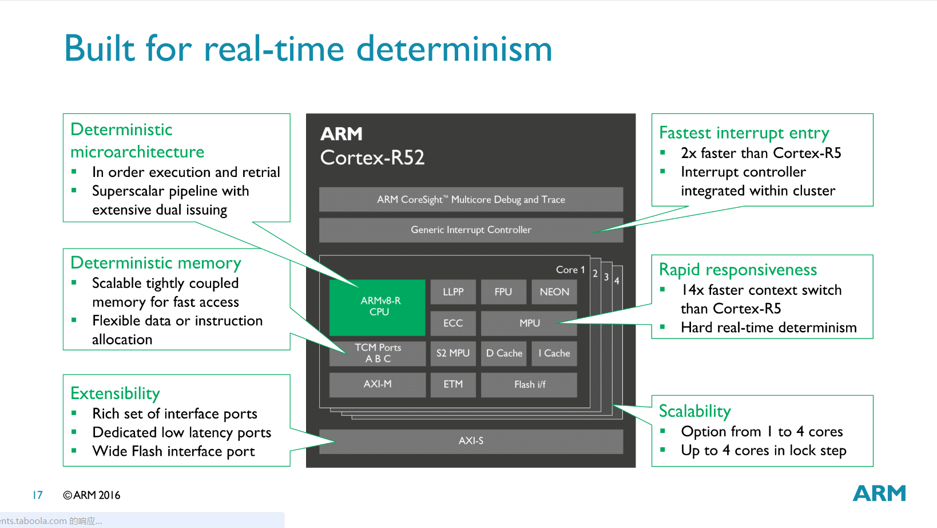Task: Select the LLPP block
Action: [453, 291]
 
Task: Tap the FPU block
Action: [503, 291]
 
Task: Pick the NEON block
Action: [554, 291]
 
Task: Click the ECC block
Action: [453, 323]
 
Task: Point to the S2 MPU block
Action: [453, 353]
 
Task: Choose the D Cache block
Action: [504, 353]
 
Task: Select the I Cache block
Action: [554, 353]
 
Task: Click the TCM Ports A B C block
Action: [378, 353]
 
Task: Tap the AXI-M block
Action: [378, 384]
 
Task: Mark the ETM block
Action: [453, 384]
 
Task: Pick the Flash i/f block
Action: [529, 384]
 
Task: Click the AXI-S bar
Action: [471, 441]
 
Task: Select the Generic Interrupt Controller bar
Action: [471, 230]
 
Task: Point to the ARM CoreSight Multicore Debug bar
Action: [471, 199]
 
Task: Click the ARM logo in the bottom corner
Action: [879, 493]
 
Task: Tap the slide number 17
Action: [38, 495]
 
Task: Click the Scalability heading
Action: [694, 411]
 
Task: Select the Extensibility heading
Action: [115, 393]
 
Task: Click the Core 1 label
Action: [570, 270]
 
